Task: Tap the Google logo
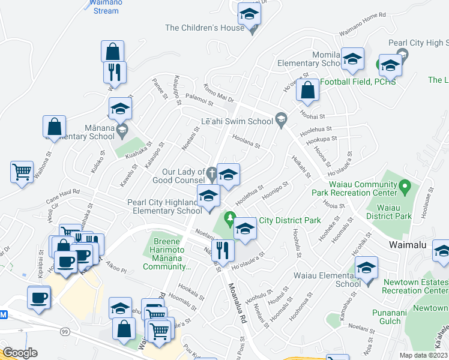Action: (x=20, y=353)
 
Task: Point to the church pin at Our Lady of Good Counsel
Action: (x=211, y=175)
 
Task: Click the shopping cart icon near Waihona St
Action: (x=22, y=172)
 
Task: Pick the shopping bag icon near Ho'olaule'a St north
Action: (x=307, y=91)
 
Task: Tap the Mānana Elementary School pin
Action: (x=122, y=130)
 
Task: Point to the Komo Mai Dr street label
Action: (x=218, y=92)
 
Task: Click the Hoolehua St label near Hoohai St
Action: (x=315, y=129)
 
